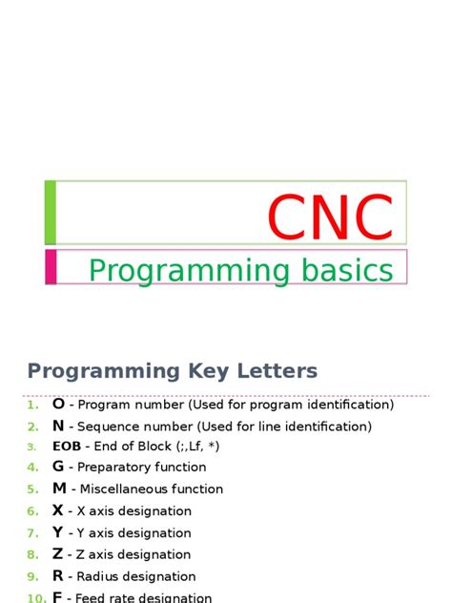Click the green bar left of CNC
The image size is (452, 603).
pos(51,212)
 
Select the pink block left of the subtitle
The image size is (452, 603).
pos(51,266)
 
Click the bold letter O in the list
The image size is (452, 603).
pos(58,405)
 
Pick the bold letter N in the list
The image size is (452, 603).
pos(58,426)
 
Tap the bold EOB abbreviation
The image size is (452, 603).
pos(66,447)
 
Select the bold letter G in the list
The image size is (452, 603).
pos(58,467)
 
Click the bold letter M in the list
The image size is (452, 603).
pos(59,489)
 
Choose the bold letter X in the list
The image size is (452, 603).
pos(58,510)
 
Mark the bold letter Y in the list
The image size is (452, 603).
pos(58,532)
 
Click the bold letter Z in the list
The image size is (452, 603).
pos(58,554)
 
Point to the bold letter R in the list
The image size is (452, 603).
pos(58,576)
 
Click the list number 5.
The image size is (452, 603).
pos(32,489)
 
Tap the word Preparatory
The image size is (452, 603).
pos(115,468)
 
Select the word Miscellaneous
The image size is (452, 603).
pos(123,489)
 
